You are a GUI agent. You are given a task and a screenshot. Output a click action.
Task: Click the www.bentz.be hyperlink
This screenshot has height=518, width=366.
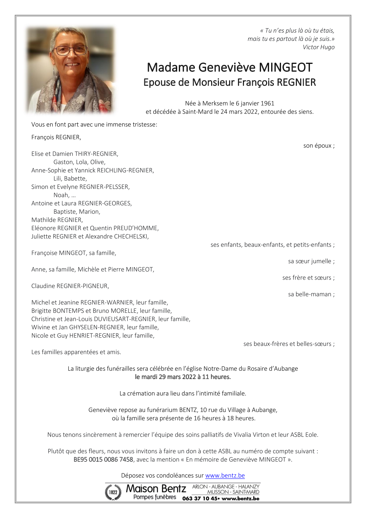[x=225, y=475]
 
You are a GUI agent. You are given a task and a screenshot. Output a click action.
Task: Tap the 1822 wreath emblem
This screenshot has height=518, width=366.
[x=113, y=492]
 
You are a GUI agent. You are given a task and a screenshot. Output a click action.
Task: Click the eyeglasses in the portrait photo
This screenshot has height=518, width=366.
[x=70, y=50]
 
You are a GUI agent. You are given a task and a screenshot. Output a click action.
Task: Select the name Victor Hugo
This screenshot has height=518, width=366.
[x=318, y=47]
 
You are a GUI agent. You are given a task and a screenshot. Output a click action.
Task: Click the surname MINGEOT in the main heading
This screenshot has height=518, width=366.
[x=286, y=68]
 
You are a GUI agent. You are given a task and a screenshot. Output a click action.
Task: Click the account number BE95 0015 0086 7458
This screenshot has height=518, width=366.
[x=103, y=460]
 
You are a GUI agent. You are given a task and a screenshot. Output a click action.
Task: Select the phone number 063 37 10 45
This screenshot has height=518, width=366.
[x=200, y=498]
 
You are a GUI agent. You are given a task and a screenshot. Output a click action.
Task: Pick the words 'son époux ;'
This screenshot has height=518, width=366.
[x=319, y=146]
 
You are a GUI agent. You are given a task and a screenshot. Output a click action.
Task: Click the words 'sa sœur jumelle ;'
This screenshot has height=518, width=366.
[x=311, y=261]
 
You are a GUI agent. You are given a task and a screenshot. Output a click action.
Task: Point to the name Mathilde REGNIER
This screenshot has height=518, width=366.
[x=57, y=220]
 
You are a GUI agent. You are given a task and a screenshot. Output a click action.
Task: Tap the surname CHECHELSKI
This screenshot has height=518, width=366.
[x=131, y=237]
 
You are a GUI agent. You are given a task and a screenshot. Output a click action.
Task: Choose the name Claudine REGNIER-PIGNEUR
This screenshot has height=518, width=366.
[x=70, y=286]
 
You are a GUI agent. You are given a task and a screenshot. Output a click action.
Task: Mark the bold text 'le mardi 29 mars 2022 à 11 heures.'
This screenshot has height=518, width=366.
[x=183, y=377]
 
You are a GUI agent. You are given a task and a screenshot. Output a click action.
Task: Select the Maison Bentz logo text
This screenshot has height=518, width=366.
[x=156, y=488]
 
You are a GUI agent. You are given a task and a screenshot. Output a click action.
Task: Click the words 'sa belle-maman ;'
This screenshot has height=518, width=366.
[x=311, y=294]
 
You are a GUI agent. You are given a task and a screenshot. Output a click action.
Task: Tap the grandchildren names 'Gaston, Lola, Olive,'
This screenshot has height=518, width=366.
[x=79, y=162]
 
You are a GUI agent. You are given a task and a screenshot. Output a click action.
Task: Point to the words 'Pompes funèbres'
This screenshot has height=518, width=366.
[x=155, y=497]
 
